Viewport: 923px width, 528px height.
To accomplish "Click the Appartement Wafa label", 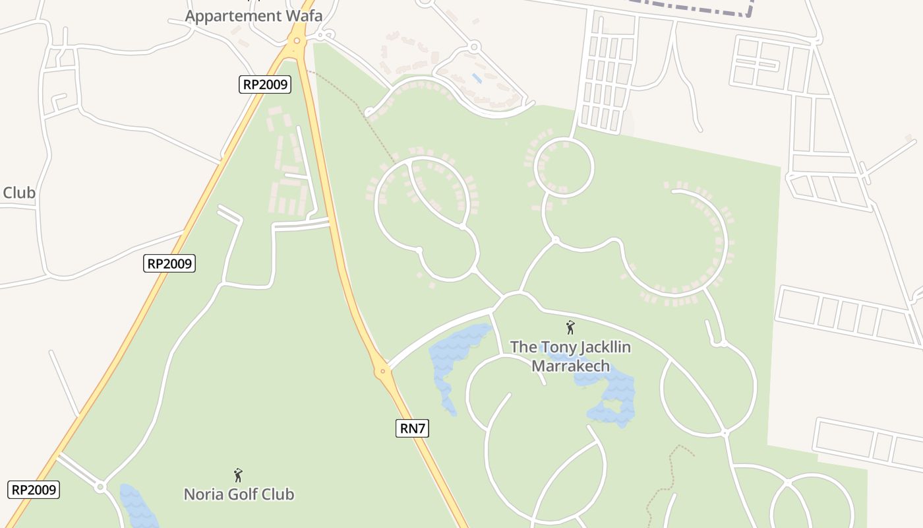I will [254, 16].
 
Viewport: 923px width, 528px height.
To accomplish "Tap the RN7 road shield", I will [413, 428].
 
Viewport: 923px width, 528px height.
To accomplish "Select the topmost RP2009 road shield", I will [264, 84].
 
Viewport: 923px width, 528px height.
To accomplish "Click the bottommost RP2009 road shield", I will [34, 490].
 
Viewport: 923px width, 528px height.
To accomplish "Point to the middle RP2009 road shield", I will [169, 263].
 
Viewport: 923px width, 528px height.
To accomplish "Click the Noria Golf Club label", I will [239, 494].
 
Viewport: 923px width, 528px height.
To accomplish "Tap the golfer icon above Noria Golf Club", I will [238, 475].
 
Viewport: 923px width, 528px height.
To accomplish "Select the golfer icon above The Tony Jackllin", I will [570, 327].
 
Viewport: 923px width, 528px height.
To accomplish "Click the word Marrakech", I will [570, 365].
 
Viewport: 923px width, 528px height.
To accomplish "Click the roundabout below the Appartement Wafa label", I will [297, 41].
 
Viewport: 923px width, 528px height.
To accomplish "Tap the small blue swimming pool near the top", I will [476, 78].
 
